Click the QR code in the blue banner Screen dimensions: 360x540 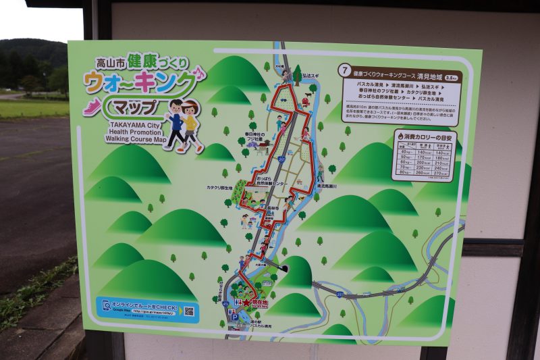click(189, 311)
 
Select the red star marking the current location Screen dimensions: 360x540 click(246, 303)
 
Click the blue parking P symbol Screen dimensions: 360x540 click(234, 315)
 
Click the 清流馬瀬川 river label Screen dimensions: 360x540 click(332, 186)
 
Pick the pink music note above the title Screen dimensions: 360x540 click(199, 71)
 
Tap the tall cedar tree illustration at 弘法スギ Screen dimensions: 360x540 click(297, 72)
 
